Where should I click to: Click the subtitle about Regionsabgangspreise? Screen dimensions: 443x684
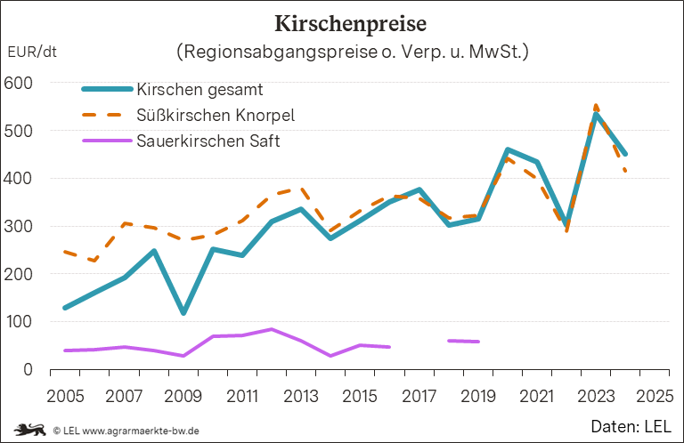pos(354,51)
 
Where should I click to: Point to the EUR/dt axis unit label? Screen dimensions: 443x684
pos(32,52)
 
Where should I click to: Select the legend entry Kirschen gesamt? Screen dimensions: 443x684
pos(199,89)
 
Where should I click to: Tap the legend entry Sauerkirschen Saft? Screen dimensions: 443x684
pos(208,141)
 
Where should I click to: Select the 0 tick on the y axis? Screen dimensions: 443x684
pos(28,369)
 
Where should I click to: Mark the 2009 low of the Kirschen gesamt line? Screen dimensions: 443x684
pos(183,313)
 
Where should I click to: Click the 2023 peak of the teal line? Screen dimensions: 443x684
pos(596,114)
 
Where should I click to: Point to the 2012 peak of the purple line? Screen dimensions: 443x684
pos(271,329)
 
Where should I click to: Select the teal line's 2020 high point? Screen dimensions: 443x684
pos(508,149)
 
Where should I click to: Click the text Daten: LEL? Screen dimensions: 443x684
pos(631,427)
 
